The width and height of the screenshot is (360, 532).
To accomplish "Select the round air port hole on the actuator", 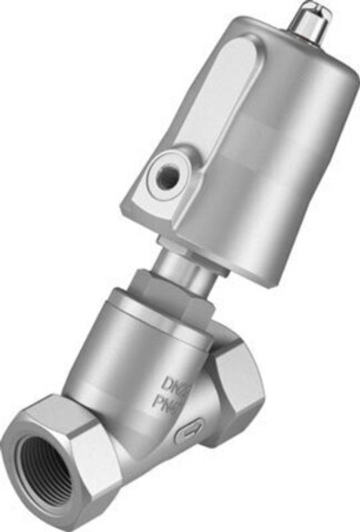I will coord(169,174).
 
